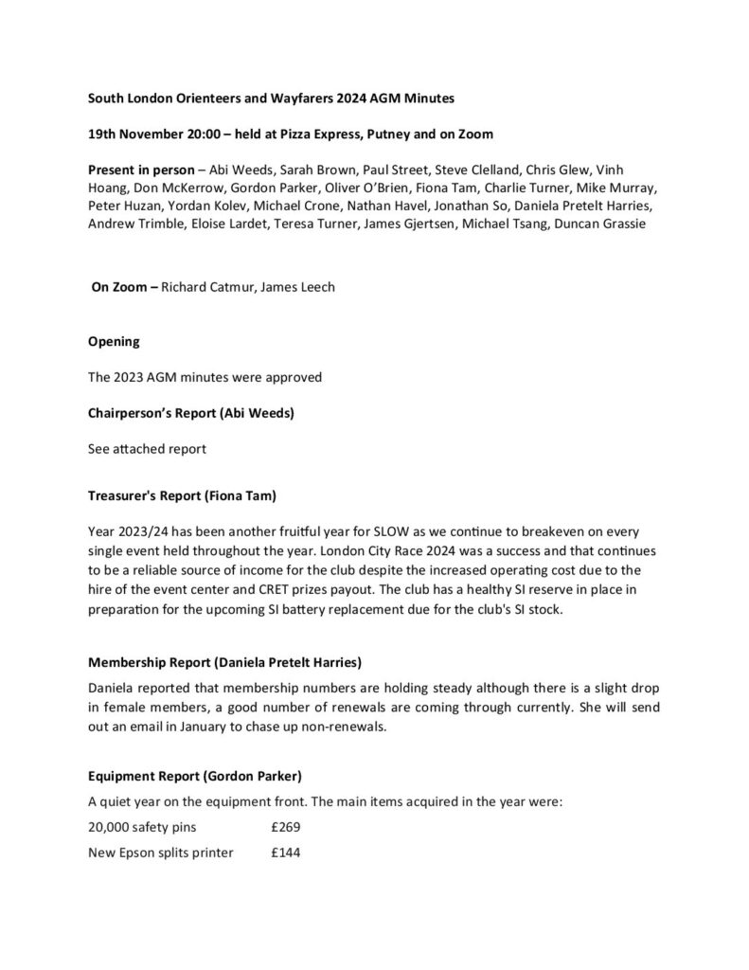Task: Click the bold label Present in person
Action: tap(144, 170)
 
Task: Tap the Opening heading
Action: tap(114, 341)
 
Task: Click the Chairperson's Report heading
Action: tap(177, 413)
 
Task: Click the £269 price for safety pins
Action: tap(285, 826)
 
